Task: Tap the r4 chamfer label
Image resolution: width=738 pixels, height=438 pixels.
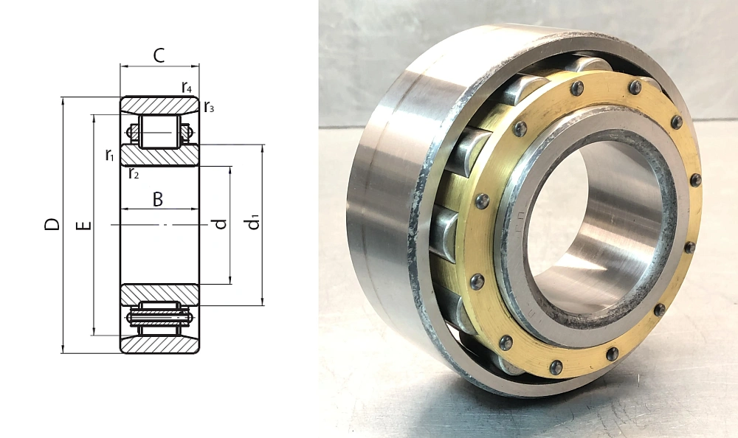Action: [x=187, y=88]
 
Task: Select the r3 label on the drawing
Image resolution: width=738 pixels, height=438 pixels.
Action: [x=209, y=108]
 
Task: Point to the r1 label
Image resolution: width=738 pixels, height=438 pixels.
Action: [x=109, y=155]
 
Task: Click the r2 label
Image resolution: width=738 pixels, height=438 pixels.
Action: [x=134, y=174]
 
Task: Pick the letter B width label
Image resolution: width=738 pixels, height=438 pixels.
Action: [x=157, y=198]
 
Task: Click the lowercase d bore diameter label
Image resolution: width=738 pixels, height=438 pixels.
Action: [x=219, y=224]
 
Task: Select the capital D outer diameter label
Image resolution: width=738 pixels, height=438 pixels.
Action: [x=52, y=224]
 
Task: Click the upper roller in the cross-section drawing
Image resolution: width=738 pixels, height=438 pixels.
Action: [x=159, y=131]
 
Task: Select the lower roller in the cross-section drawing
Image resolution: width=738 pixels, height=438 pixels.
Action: [x=159, y=317]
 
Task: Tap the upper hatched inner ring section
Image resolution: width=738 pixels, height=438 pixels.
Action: [x=159, y=156]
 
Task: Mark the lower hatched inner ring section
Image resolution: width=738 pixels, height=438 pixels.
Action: [x=159, y=293]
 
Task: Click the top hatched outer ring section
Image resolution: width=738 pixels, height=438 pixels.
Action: [x=159, y=105]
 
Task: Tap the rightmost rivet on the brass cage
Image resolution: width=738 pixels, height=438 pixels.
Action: [x=694, y=180]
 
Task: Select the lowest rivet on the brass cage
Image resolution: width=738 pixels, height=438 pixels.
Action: [x=556, y=367]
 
